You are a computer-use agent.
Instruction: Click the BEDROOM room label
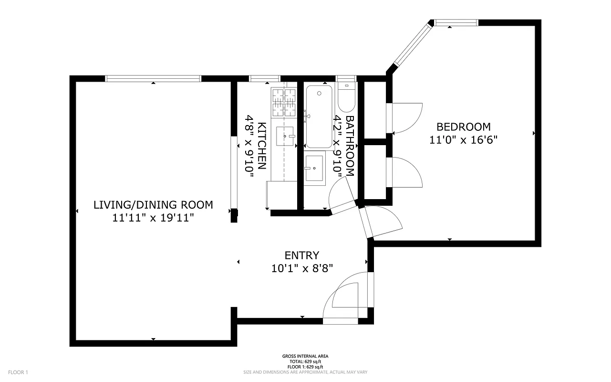click(x=464, y=127)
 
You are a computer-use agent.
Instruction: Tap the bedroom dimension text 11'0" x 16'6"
click(x=464, y=140)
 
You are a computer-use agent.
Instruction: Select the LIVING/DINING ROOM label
click(x=153, y=205)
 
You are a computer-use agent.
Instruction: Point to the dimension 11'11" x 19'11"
click(x=153, y=218)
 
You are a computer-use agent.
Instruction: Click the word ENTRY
click(x=301, y=255)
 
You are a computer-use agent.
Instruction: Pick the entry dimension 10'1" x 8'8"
click(x=301, y=268)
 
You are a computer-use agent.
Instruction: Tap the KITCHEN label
click(x=261, y=146)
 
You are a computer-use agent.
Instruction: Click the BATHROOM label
click(x=350, y=146)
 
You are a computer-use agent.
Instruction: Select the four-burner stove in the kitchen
click(x=284, y=102)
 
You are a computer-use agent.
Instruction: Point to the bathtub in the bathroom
click(x=320, y=117)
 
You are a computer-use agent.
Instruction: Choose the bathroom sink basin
click(x=315, y=168)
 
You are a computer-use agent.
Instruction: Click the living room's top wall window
click(x=153, y=79)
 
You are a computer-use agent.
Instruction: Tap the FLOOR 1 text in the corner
click(x=19, y=372)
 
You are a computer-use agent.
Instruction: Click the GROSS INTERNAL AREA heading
click(x=305, y=356)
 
